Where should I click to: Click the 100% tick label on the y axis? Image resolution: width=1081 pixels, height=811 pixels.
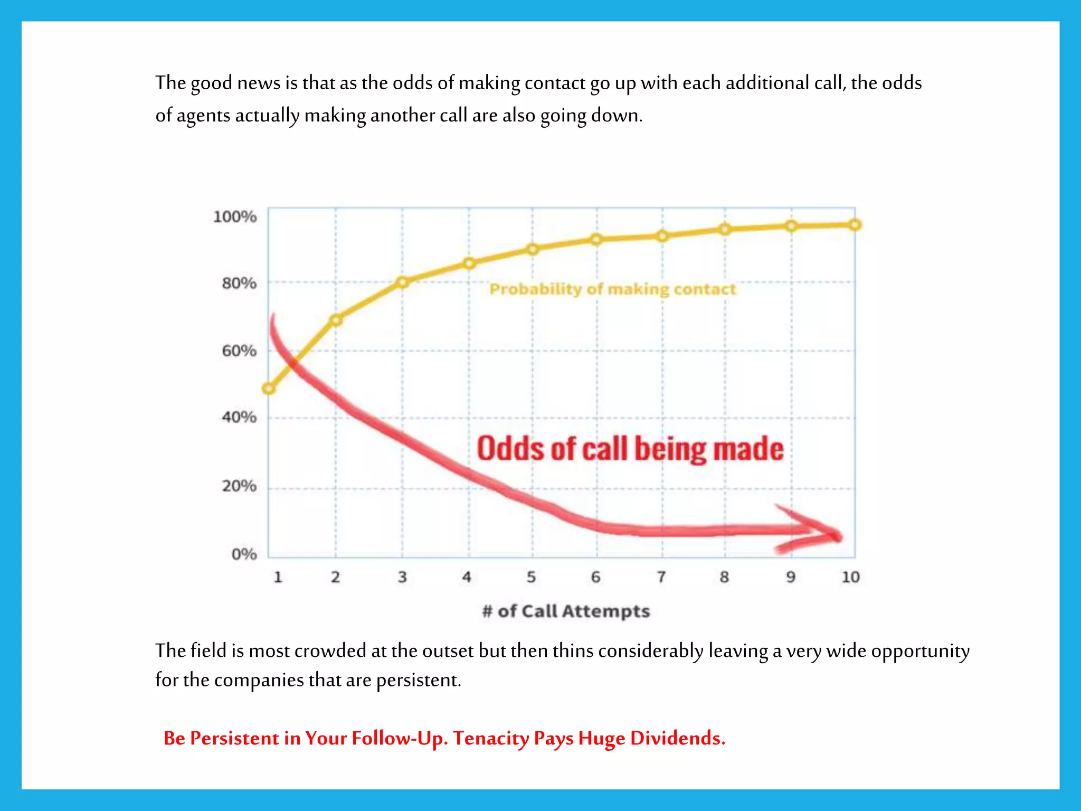pyautogui.click(x=235, y=216)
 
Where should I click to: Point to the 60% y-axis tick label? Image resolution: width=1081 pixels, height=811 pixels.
pyautogui.click(x=239, y=351)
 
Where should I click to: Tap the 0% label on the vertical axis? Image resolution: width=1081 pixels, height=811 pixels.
pyautogui.click(x=244, y=554)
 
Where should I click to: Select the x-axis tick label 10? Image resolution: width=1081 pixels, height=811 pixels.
pyautogui.click(x=850, y=577)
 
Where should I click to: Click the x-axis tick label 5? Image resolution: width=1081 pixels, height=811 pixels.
pyautogui.click(x=531, y=577)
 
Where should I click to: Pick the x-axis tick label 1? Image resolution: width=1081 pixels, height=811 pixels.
pyautogui.click(x=278, y=577)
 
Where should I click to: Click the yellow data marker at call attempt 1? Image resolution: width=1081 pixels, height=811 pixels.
pyautogui.click(x=269, y=389)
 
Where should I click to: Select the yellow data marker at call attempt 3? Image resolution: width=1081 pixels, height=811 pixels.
pyautogui.click(x=403, y=282)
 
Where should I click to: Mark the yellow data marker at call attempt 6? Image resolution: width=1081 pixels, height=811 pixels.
pyautogui.click(x=596, y=240)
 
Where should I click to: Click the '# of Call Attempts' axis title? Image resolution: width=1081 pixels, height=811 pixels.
pyautogui.click(x=566, y=611)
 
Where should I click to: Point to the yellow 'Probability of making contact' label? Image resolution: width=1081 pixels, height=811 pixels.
pyautogui.click(x=612, y=289)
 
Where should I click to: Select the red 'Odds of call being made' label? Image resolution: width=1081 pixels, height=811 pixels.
pyautogui.click(x=630, y=449)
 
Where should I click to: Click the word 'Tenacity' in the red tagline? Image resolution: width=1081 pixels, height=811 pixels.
pyautogui.click(x=491, y=738)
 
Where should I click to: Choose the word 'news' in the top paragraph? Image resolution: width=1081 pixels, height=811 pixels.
pyautogui.click(x=259, y=83)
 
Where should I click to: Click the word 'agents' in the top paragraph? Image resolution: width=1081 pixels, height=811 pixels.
pyautogui.click(x=203, y=116)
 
